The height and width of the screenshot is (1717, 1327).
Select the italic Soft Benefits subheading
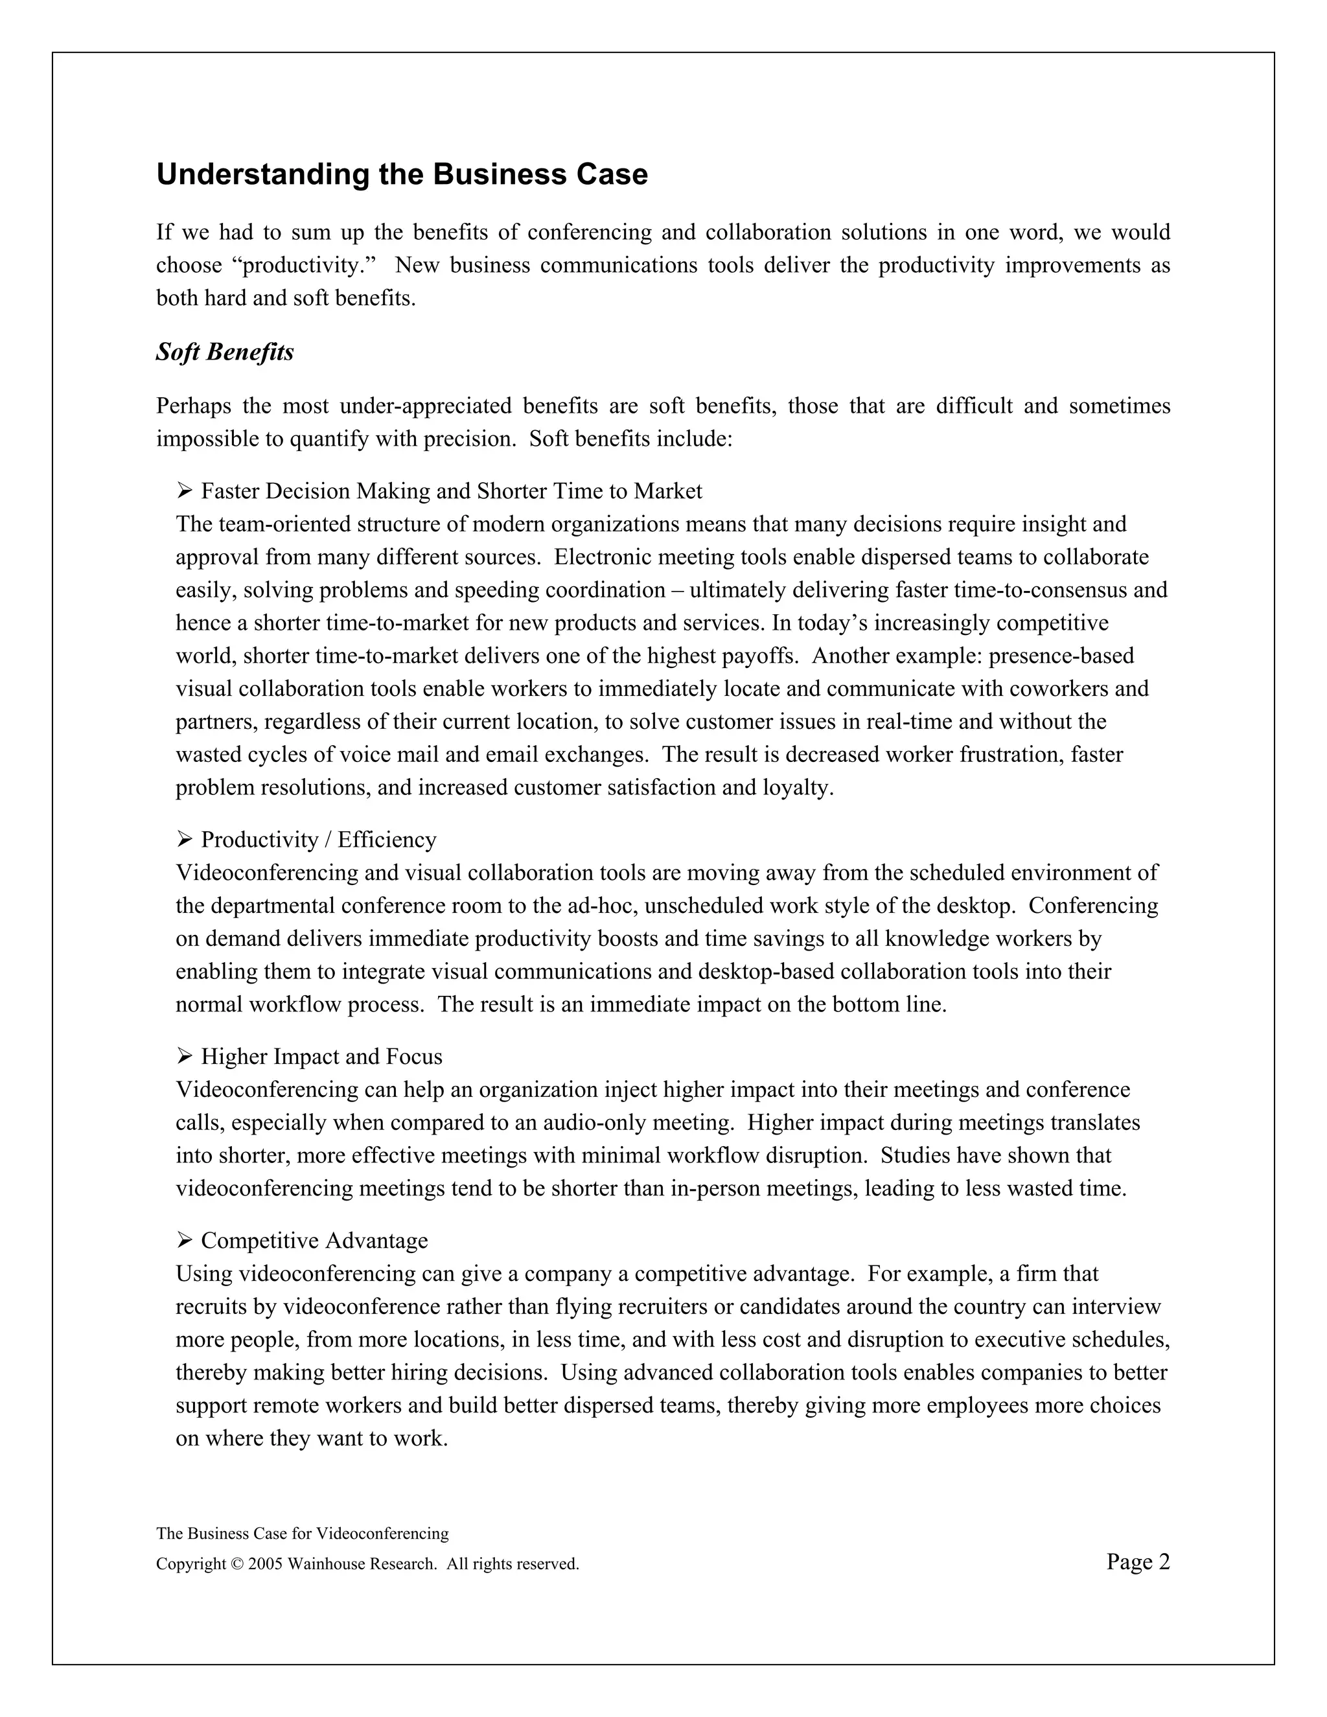click(225, 352)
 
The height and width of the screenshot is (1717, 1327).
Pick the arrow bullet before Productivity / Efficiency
click(185, 840)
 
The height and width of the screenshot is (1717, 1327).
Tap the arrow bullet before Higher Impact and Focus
click(185, 1057)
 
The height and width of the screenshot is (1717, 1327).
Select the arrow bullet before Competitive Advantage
click(185, 1241)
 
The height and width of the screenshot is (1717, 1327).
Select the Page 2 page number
click(1138, 1562)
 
